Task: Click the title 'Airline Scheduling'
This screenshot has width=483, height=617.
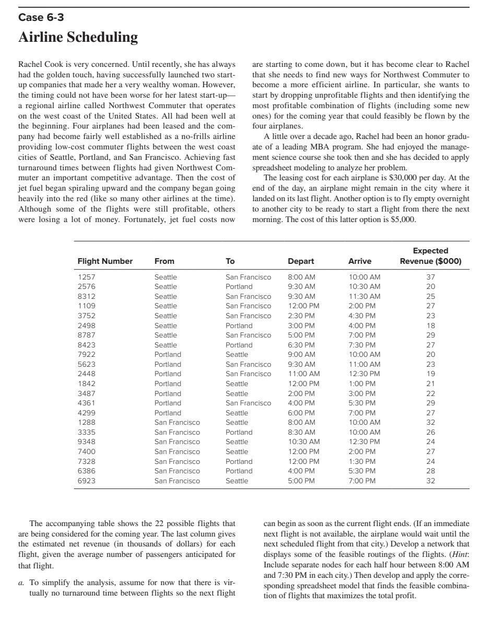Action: (78, 38)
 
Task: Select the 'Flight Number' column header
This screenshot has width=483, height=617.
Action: (105, 261)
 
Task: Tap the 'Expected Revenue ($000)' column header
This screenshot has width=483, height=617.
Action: (430, 256)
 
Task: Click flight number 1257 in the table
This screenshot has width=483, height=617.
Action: (86, 277)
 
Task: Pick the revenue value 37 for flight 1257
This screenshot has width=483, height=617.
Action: (431, 277)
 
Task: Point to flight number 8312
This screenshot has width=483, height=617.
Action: (86, 296)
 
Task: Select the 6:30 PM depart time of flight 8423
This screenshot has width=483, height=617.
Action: (301, 345)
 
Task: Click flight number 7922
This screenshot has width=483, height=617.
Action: (86, 354)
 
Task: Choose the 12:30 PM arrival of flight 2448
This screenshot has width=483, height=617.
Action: (364, 374)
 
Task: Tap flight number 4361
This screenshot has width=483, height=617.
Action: (86, 403)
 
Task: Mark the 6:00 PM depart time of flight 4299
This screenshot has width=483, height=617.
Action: (301, 413)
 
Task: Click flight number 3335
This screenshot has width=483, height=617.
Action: (86, 432)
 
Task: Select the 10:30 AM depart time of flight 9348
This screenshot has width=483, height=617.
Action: (303, 441)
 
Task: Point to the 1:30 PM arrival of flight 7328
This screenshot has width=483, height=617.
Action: (362, 461)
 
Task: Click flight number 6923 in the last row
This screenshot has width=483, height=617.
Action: (86, 481)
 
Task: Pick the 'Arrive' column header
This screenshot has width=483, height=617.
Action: (360, 261)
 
